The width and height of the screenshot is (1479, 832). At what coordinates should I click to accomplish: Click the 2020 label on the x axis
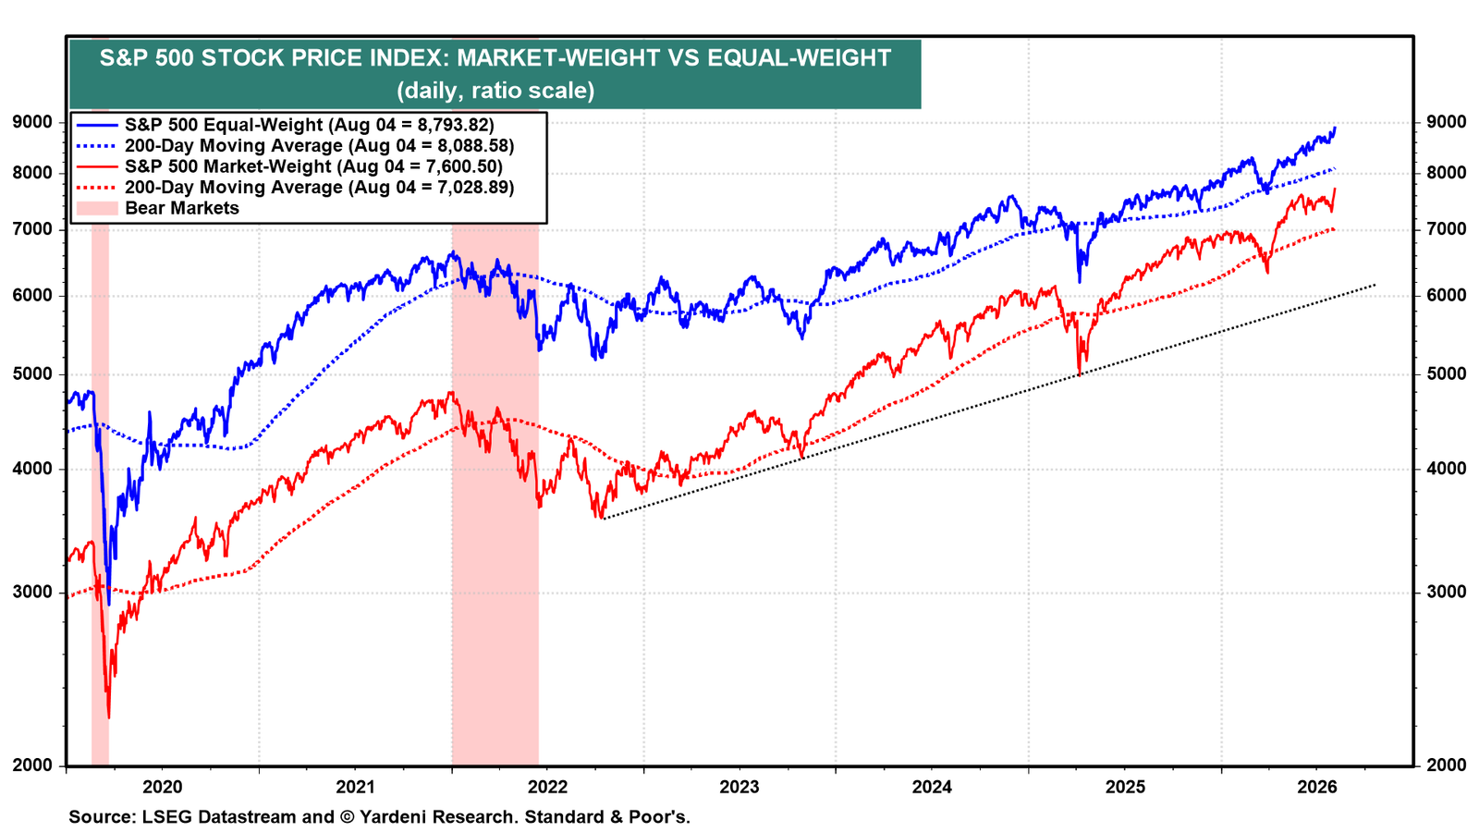point(163,787)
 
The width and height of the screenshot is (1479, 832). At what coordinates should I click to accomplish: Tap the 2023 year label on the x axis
point(739,787)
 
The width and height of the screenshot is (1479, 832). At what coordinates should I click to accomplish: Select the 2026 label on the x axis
point(1317,787)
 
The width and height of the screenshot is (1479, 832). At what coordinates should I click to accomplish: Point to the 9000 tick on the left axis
point(31,122)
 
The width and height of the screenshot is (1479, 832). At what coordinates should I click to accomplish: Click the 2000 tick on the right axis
point(1447,765)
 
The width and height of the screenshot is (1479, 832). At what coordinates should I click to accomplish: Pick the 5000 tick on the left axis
point(31,373)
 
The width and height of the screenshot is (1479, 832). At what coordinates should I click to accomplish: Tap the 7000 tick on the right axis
point(1447,229)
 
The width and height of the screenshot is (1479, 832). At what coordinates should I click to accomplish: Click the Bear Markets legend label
point(182,208)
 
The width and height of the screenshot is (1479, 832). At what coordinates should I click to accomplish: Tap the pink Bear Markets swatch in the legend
point(97,208)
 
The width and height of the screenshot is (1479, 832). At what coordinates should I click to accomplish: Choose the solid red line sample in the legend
point(97,166)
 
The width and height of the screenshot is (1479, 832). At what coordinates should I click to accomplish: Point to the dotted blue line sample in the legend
point(97,145)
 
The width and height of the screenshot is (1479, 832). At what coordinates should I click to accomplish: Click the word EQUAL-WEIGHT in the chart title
point(799,58)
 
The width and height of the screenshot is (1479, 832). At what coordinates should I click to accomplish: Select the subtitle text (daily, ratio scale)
point(495,90)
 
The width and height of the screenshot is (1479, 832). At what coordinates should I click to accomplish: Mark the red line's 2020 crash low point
point(109,717)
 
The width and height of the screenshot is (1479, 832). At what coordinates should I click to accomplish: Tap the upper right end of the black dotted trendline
point(1375,285)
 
